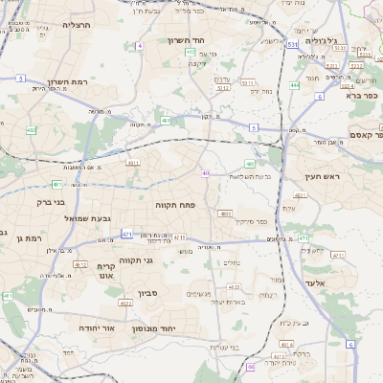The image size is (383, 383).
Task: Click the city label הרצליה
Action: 75,25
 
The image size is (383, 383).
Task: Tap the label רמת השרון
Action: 71,83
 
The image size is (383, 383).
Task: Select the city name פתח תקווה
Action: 175,205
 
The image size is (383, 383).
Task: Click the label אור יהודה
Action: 96,327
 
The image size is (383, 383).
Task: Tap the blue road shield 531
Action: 290,44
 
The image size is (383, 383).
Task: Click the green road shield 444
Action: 295,85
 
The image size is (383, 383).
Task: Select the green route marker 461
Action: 166,121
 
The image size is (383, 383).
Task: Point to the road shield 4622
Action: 125,303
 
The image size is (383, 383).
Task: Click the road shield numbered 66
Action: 251,366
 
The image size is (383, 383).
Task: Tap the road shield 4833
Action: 227,214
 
